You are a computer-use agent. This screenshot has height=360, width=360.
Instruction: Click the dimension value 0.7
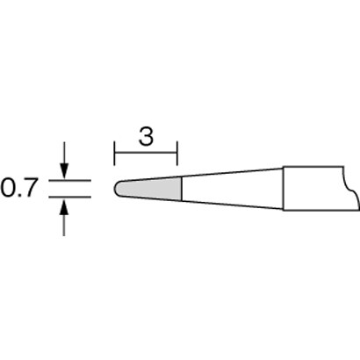click(19, 188)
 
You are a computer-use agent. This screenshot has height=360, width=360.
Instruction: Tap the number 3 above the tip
click(146, 137)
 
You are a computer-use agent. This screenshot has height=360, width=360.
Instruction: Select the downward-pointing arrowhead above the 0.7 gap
click(64, 171)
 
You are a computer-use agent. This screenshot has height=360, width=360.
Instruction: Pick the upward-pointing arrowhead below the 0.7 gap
click(64, 206)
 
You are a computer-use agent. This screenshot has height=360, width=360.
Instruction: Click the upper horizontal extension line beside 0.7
click(69, 181)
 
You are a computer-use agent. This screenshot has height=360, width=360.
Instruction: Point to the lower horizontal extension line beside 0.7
click(69, 197)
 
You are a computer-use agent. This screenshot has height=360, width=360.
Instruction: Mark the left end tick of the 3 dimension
click(115, 154)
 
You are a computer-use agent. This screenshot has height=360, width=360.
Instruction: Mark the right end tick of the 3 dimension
click(176, 154)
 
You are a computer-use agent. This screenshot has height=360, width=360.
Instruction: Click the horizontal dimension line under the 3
click(146, 153)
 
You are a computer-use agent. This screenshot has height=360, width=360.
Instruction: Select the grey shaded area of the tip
click(151, 189)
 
